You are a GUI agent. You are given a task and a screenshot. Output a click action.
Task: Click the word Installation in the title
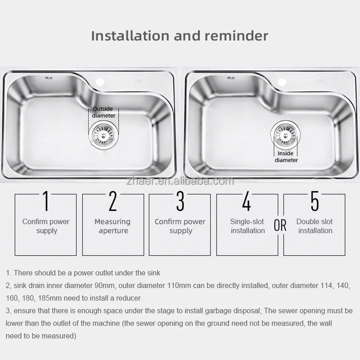(x=130, y=36)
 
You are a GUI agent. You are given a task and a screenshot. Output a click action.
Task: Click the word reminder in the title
(x=236, y=36)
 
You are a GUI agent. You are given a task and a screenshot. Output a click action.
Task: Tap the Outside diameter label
(x=103, y=112)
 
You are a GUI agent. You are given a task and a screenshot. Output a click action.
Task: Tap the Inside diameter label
(x=286, y=157)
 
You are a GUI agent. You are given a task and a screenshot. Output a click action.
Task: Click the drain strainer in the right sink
(x=285, y=134)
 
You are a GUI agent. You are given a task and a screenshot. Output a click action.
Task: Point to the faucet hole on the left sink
(x=100, y=82)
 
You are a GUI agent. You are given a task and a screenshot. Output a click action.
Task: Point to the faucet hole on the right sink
(x=282, y=82)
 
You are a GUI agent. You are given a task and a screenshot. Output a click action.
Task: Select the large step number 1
(x=46, y=201)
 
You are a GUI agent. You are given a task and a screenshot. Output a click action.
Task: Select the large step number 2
(x=113, y=201)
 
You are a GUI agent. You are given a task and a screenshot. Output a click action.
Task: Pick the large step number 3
(x=180, y=201)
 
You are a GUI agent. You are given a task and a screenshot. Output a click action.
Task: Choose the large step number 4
(x=247, y=201)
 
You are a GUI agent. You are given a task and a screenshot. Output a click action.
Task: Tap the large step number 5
(x=315, y=201)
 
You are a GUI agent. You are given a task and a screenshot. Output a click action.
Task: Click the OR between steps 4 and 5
(x=280, y=225)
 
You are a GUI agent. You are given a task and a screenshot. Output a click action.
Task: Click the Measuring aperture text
(x=112, y=226)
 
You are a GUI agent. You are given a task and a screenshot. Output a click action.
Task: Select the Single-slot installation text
(x=247, y=226)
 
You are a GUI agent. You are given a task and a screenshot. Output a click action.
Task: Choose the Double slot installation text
(x=315, y=226)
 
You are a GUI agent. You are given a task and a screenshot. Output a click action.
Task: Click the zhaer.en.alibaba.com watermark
(x=180, y=181)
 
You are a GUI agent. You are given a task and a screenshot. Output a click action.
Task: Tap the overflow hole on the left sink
(x=49, y=78)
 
